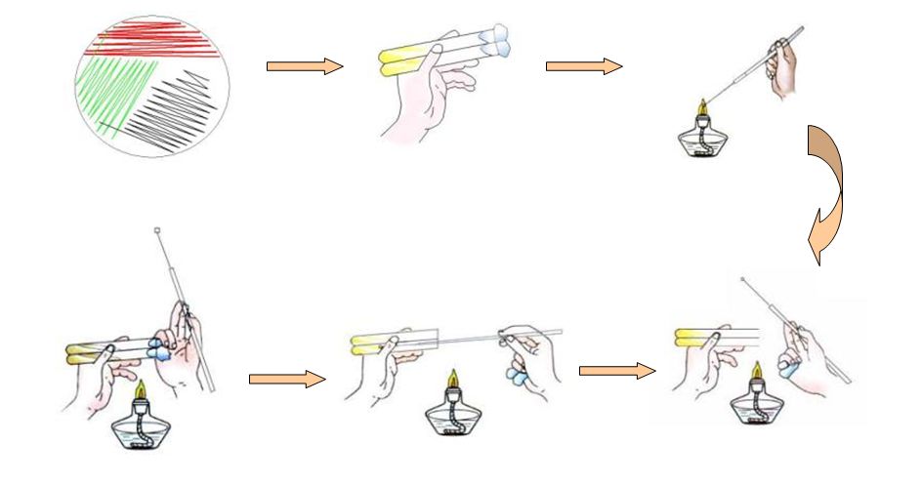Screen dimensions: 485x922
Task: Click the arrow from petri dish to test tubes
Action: [304, 66]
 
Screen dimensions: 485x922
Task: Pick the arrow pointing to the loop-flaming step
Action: [583, 66]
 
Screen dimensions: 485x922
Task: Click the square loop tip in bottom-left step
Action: [157, 231]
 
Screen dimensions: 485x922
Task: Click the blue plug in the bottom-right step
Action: [787, 368]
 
